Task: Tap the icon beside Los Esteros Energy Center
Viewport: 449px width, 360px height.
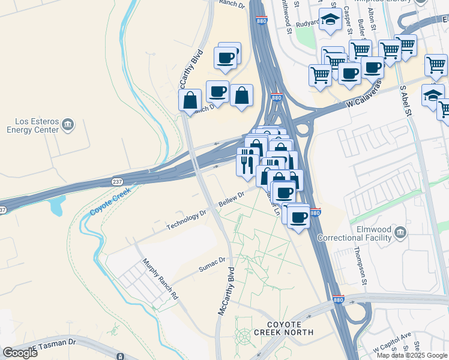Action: (x=68, y=124)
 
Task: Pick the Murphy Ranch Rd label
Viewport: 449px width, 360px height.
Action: (x=160, y=279)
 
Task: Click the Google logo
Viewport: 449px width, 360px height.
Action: (x=20, y=352)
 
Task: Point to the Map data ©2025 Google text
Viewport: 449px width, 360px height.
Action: (x=412, y=355)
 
